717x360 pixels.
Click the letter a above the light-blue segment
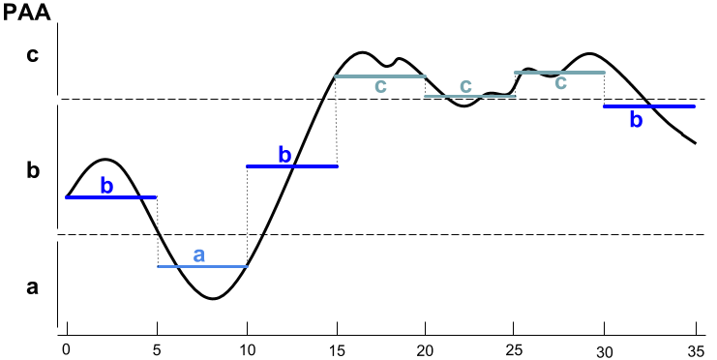point(199,255)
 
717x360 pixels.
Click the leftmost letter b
point(106,186)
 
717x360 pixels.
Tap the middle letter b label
point(284,155)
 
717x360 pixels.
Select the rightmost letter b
point(636,120)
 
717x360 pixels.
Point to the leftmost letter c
point(380,86)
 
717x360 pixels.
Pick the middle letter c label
point(465,85)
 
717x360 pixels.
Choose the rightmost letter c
point(560,82)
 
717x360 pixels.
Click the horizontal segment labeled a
point(203,266)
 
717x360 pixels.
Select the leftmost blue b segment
point(110,197)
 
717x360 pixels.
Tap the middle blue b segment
point(291,166)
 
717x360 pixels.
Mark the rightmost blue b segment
point(649,105)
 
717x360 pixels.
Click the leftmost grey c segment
point(380,75)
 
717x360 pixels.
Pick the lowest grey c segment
point(470,96)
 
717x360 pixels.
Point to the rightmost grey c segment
point(559,72)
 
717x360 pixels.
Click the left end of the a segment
point(158,266)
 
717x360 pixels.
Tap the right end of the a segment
point(249,266)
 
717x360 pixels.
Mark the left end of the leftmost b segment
point(66,197)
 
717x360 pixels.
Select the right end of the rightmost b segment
point(696,105)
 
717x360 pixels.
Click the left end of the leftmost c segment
point(335,75)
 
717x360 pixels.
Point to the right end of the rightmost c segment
point(606,72)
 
